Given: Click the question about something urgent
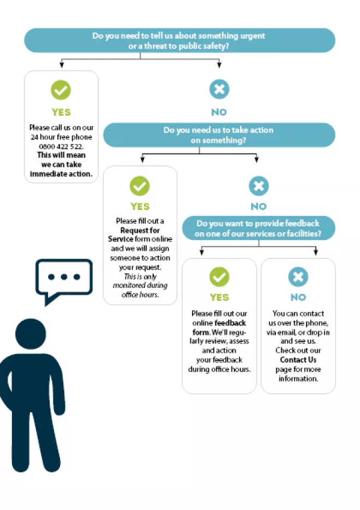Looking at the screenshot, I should coord(179,40).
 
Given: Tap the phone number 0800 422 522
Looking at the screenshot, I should coord(61,146).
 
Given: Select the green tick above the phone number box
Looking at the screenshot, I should coord(61,89).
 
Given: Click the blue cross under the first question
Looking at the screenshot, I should coord(219,89).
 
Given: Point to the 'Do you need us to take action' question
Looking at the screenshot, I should coord(219,135).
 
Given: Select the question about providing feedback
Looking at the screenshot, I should coord(259,228).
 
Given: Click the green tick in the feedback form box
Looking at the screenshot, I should coord(219,277).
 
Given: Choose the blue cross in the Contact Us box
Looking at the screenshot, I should coord(298,277).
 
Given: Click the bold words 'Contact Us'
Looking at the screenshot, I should coord(298,360).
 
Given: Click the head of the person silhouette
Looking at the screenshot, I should coord(31,335).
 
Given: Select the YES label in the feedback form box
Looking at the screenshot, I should coord(219,298).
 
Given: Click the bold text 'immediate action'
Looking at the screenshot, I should coord(61,174).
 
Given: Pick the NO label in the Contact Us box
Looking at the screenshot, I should coord(298,298).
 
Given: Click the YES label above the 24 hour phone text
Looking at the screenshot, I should coord(61,112).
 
